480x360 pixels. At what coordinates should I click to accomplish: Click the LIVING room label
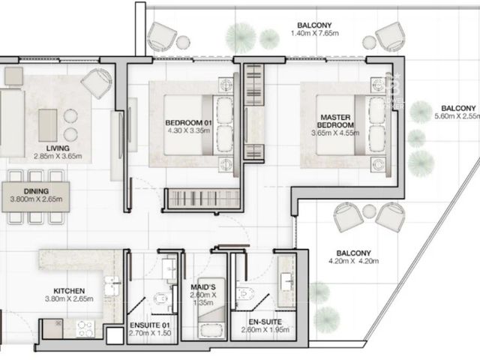click(x=58, y=148)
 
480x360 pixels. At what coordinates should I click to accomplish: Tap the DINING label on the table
click(x=36, y=191)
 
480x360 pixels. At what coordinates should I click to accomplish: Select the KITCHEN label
click(x=69, y=291)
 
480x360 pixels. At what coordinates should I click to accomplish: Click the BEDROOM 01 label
click(x=188, y=123)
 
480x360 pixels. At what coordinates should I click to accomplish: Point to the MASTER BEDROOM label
click(x=335, y=121)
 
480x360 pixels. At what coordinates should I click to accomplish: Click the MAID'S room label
click(x=203, y=287)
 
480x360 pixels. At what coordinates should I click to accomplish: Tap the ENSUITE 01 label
click(x=150, y=325)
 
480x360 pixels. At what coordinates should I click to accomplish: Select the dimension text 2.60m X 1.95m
click(x=265, y=330)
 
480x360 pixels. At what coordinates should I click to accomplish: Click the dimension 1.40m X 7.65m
click(x=315, y=33)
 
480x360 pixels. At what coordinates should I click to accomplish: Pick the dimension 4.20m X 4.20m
click(x=353, y=261)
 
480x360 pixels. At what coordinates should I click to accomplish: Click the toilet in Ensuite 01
click(x=160, y=298)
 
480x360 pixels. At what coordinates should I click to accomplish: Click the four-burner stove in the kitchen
click(x=85, y=328)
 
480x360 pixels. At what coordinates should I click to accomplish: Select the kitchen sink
click(x=112, y=286)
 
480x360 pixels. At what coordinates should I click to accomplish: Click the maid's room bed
click(x=211, y=308)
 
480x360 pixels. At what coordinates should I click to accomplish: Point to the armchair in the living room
click(x=97, y=83)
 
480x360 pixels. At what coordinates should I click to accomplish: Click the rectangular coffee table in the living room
click(x=48, y=125)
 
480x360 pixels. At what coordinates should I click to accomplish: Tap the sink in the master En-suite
click(x=286, y=281)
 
